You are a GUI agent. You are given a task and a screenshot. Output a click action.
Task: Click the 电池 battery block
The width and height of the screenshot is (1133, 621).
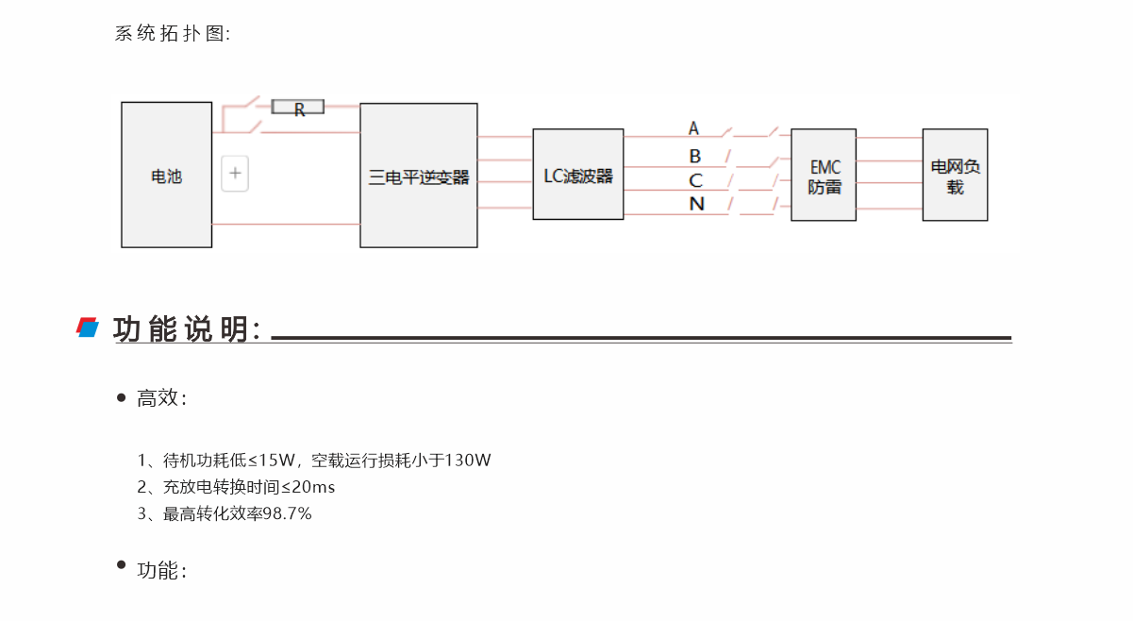[166, 175]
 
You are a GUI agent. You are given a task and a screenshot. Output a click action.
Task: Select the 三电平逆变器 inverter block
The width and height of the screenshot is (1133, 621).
[418, 176]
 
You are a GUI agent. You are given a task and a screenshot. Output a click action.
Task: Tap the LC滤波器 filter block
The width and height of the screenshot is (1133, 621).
[577, 175]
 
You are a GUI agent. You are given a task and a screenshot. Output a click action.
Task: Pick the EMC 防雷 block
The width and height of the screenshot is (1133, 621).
[824, 176]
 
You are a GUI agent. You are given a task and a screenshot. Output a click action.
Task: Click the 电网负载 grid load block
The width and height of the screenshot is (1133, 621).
[955, 176]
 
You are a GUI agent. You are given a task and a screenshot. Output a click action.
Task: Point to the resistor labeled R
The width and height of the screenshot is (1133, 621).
[298, 108]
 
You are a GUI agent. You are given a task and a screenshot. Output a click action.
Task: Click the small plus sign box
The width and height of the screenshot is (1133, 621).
[235, 174]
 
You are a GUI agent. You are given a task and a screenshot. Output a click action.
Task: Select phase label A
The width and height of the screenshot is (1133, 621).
[693, 128]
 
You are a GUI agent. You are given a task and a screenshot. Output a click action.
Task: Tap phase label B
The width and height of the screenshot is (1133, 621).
[695, 156]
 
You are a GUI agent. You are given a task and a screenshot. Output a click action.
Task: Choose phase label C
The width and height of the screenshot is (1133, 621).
[695, 180]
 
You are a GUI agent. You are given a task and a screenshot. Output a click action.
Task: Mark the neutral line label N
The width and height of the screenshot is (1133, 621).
[696, 204]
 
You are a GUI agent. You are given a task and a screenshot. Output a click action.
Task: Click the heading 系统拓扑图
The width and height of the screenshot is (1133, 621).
[172, 34]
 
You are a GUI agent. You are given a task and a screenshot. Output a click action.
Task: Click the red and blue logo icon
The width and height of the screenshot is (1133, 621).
[88, 327]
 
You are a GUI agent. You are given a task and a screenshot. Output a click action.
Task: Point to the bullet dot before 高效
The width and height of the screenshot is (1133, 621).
[121, 397]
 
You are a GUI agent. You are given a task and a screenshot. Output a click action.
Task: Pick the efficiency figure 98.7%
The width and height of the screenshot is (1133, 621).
[287, 513]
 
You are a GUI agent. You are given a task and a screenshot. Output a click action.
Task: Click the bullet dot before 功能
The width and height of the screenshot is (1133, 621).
[121, 565]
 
